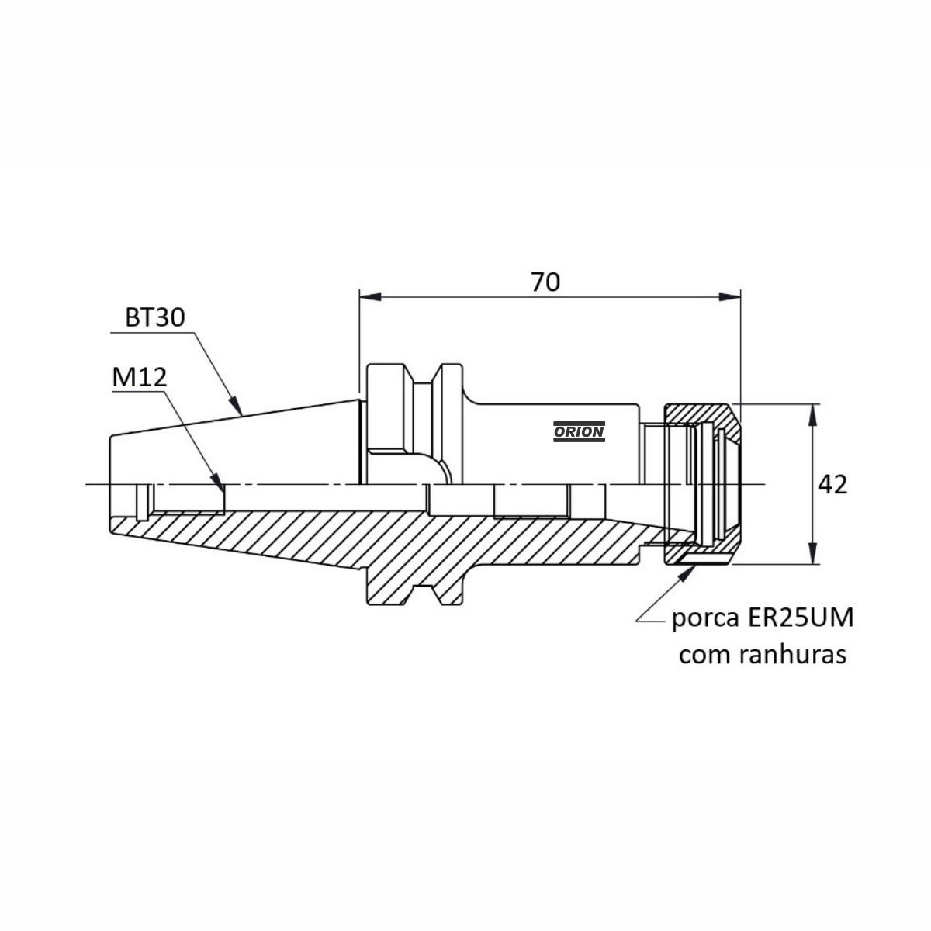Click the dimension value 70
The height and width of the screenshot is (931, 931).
tap(545, 282)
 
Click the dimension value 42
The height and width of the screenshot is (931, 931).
tap(832, 485)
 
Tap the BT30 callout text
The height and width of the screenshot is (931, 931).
tap(154, 318)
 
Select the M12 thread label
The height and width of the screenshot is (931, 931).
tap(140, 377)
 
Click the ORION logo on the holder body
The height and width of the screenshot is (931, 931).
tap(579, 431)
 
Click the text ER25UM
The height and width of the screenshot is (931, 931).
tap(801, 618)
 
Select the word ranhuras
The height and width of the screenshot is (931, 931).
tap(792, 655)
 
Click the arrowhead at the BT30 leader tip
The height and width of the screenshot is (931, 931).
tap(235, 406)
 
